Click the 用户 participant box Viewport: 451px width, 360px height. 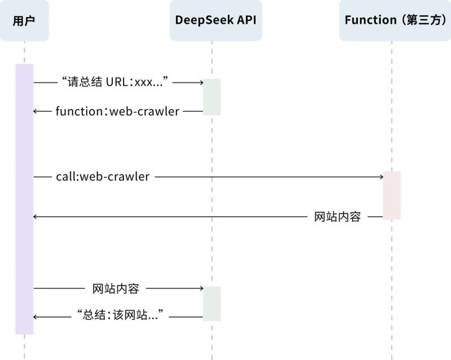pyautogui.click(x=24, y=21)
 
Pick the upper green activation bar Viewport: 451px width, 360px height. pyautogui.click(x=212, y=97)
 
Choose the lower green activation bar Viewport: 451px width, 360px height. pyautogui.click(x=212, y=303)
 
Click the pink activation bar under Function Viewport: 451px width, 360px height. pyautogui.click(x=391, y=195)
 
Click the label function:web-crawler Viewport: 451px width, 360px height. pyautogui.click(x=117, y=111)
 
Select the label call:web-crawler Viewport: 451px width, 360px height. pyautogui.click(x=103, y=177)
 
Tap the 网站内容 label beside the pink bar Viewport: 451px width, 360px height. pyautogui.click(x=337, y=217)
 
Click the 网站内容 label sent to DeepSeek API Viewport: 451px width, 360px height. pyautogui.click(x=115, y=288)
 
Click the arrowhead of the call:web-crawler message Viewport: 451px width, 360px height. pyautogui.click(x=381, y=177)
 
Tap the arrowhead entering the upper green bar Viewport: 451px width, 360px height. pyautogui.click(x=200, y=83)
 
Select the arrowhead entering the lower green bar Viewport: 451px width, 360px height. pyautogui.click(x=200, y=288)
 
